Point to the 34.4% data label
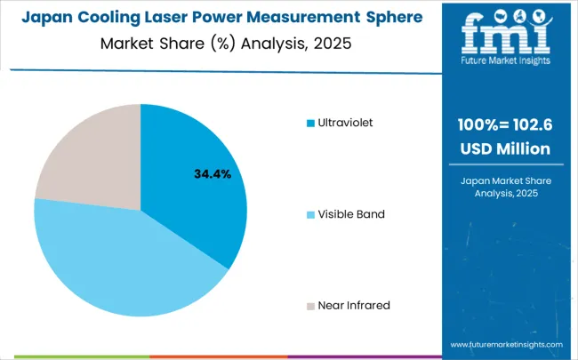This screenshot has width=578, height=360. (x=213, y=174)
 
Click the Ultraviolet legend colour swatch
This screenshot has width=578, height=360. (x=309, y=123)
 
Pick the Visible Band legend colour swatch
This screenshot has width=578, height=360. (x=309, y=214)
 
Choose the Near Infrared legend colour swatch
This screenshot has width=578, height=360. (x=309, y=306)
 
